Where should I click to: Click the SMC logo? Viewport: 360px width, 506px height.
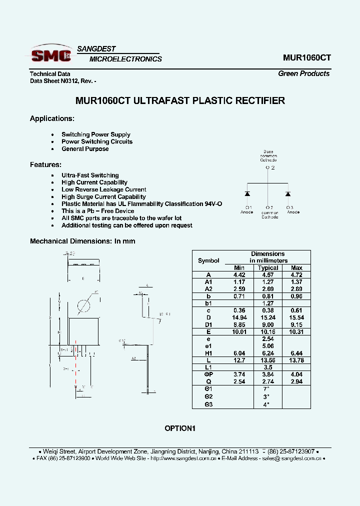click(50, 54)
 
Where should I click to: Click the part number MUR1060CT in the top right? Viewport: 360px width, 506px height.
click(306, 57)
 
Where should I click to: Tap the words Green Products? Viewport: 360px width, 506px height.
click(303, 73)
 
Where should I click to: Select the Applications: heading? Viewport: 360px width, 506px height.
click(52, 118)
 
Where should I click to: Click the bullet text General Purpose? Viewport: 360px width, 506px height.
click(85, 148)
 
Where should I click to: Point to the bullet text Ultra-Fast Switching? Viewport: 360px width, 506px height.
click(90, 175)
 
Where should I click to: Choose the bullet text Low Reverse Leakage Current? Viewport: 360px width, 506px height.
click(103, 189)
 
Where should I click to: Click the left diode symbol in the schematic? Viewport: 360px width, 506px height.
click(247, 193)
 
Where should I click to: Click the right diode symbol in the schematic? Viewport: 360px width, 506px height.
click(288, 193)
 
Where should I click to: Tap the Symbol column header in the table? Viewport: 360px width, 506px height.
click(208, 260)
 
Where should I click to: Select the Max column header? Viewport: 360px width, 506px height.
click(296, 268)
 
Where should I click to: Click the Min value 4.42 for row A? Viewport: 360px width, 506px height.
click(239, 275)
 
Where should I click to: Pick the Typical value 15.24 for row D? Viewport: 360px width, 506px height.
click(268, 317)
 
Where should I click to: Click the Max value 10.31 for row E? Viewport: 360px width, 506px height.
click(296, 331)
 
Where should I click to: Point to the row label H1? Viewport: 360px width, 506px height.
click(208, 353)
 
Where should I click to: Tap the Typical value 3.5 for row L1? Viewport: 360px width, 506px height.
click(268, 367)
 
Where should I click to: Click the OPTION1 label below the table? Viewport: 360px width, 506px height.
click(180, 428)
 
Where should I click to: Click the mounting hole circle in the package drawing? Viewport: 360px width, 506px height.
click(83, 305)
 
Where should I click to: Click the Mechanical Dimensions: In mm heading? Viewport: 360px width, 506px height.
click(82, 241)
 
